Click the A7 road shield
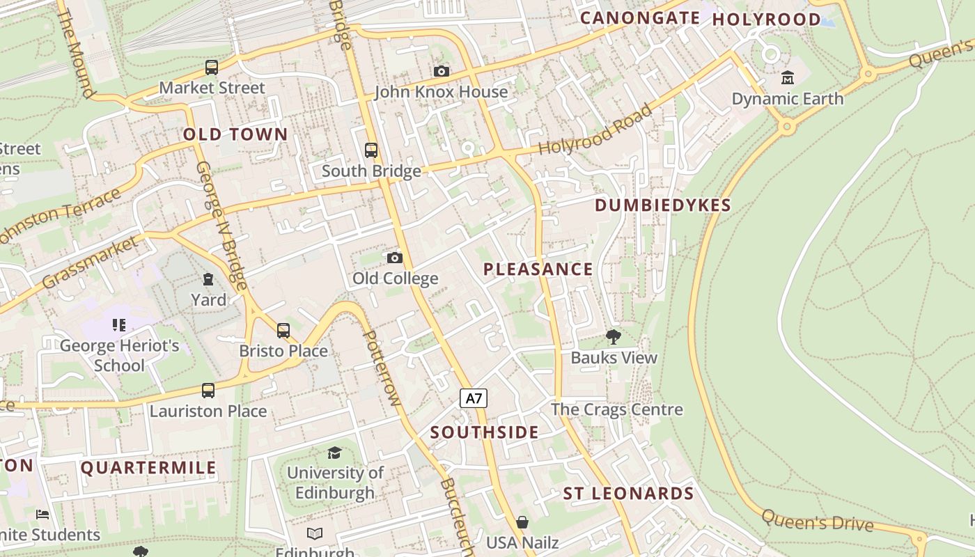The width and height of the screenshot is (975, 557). tap(474, 398)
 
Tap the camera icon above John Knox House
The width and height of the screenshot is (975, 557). tap(441, 71)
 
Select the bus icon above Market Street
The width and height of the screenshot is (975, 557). tap(212, 68)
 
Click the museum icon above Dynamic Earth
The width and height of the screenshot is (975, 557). tap(788, 77)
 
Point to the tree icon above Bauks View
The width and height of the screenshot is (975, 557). tap(614, 338)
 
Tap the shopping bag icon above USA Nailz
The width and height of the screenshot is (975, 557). tap(522, 522)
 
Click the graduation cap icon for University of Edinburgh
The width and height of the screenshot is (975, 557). tap(335, 453)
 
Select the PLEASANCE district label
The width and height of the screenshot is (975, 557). tap(538, 269)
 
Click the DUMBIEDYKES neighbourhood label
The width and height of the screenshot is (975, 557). tap(663, 205)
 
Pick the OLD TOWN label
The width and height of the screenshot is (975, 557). tap(235, 135)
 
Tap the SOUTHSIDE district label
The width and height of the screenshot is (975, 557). tap(484, 432)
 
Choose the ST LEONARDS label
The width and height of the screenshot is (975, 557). tap(628, 494)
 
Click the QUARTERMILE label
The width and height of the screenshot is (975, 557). tap(148, 468)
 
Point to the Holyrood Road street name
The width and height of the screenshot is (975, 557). tap(596, 130)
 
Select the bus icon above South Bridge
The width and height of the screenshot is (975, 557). tap(371, 150)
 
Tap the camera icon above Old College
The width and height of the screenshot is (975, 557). tap(395, 258)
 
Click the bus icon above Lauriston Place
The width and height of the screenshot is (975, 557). tap(208, 391)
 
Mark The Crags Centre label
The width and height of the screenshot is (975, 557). tap(617, 409)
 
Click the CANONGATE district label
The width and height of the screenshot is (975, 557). tap(640, 18)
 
